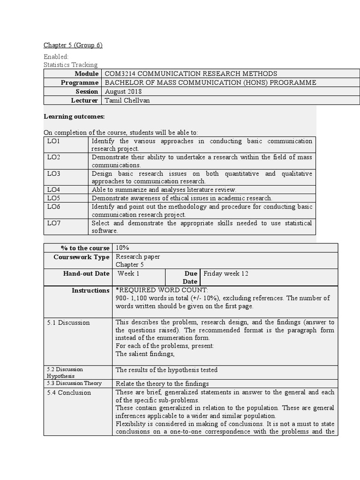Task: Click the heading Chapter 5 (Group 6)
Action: pos(73,45)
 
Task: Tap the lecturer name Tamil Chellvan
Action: pos(127,100)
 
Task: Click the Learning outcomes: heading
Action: pos(74,116)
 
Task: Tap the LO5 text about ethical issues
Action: pos(181,198)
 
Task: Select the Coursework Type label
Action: pos(81,257)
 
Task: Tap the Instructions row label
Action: pos(90,291)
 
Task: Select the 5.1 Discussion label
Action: pos(68,322)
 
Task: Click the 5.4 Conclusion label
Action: pos(69,393)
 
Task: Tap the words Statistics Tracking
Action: pos(70,65)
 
